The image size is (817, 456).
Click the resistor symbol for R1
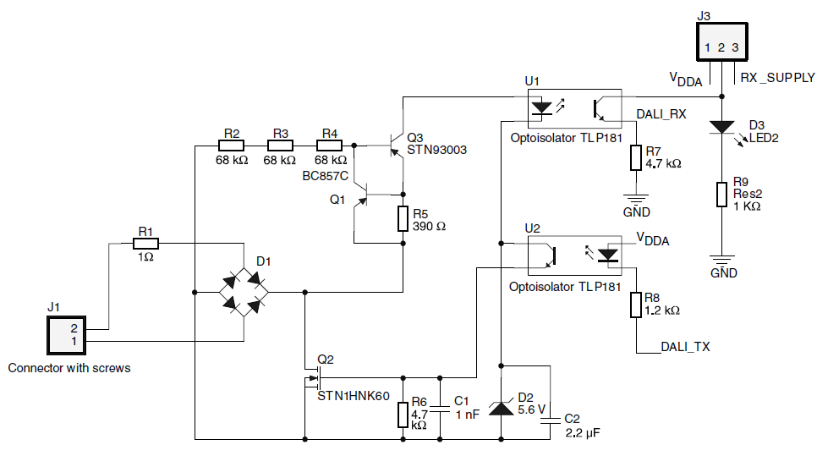[145, 243]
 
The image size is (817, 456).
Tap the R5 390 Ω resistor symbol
[403, 219]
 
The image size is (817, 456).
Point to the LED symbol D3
[721, 127]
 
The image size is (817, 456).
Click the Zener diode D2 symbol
[502, 409]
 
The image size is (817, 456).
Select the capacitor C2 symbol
[551, 417]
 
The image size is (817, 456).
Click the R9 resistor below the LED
[721, 194]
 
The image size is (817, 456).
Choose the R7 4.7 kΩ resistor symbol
[636, 158]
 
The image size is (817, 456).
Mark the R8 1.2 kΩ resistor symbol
[636, 305]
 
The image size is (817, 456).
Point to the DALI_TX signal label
[685, 348]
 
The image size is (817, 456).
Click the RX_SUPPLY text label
[777, 77]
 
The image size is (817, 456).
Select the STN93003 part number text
[436, 150]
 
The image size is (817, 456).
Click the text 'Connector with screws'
[69, 368]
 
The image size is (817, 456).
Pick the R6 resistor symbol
[403, 415]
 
